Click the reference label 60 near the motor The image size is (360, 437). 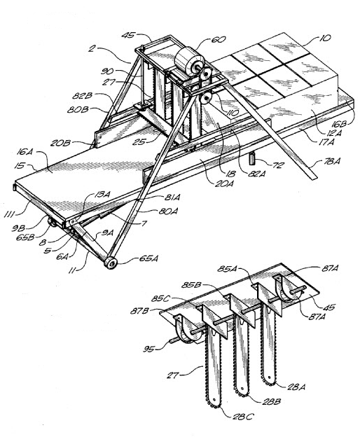pos(219,39)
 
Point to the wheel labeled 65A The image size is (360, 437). pos(111,263)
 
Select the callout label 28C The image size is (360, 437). pos(243,417)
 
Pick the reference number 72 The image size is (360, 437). pos(278,165)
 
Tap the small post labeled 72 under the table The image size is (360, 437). pos(253,159)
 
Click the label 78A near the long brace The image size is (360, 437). pos(332,161)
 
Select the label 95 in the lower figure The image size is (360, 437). pos(148,349)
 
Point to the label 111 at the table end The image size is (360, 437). pos(11,214)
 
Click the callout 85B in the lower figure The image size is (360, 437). pos(191,285)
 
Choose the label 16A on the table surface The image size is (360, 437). pos(25,152)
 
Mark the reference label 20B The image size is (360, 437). pos(60,144)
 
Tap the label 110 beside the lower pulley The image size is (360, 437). pos(233,113)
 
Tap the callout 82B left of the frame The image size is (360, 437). pos(82,96)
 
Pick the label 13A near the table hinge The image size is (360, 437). pos(102,194)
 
